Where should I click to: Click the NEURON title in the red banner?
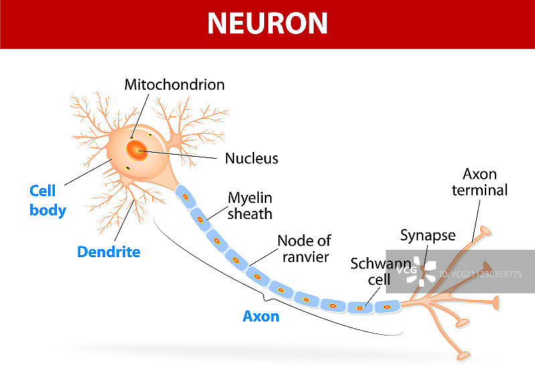coord(267,23)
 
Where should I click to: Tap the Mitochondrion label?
coord(175,85)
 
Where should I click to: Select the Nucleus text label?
coord(251,159)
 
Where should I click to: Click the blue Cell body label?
coord(47,201)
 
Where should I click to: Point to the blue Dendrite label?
coord(108,252)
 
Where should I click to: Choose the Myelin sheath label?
coord(249,206)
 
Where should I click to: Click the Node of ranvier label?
coord(304,248)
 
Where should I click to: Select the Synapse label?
coord(428,235)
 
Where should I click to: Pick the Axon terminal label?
coord(479,182)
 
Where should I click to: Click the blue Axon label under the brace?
coord(261,316)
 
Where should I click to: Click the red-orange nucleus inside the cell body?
coord(138,150)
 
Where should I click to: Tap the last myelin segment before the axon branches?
coord(386,307)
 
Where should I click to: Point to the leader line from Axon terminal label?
coord(477,218)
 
